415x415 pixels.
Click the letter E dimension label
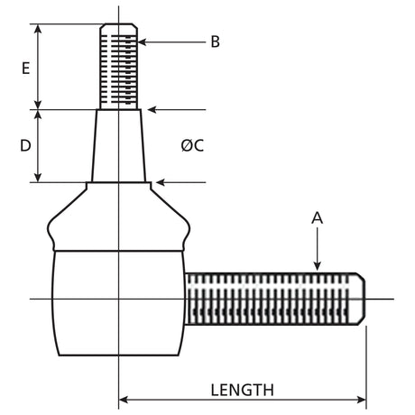coord(25,68)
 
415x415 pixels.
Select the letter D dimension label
coord(25,145)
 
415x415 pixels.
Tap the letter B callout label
coord(215,41)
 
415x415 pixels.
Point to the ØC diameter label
coord(192,145)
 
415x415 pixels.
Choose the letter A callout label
coord(317,217)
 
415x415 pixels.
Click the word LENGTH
coord(242,390)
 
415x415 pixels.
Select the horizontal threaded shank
coord(271,299)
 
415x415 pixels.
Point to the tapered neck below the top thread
coord(119,144)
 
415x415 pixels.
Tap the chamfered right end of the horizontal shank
coord(360,299)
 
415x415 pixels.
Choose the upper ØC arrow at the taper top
coord(151,109)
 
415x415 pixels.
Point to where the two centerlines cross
coord(119,299)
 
